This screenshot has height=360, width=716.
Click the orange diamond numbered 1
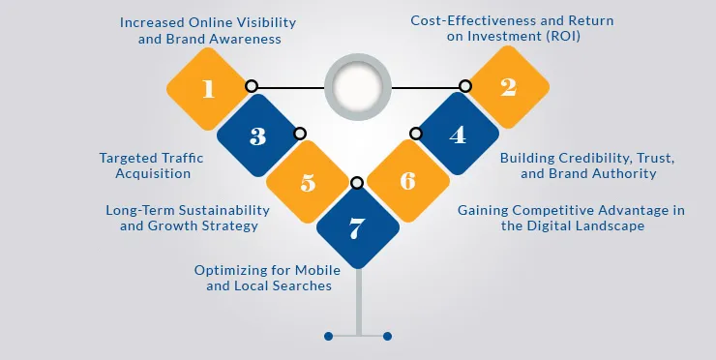207,89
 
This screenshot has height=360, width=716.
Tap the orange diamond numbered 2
508,88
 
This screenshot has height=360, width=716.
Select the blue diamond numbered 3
257,135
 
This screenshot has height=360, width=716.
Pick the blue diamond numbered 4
458,135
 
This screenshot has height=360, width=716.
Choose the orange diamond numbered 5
308,182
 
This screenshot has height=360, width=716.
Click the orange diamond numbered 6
407,182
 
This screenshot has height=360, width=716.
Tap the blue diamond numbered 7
357,228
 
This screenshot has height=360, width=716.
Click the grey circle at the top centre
358,86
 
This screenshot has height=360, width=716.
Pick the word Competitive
582,209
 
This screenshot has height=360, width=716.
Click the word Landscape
612,225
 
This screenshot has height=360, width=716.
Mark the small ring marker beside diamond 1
251,86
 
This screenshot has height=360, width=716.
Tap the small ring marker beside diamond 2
465,86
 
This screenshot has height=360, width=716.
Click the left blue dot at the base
329,336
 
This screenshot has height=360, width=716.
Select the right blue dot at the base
387,336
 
